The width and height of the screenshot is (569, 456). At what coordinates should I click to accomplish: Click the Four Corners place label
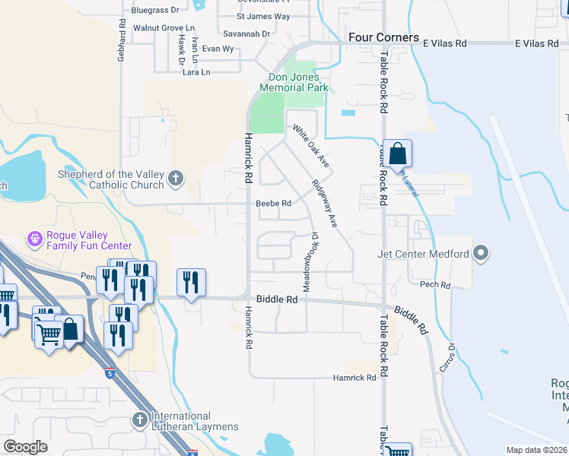(383, 37)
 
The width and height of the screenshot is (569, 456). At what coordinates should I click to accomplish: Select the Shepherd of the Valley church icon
(176, 179)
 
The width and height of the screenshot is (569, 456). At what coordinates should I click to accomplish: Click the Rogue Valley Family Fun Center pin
(34, 240)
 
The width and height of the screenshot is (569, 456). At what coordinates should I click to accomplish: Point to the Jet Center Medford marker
(481, 253)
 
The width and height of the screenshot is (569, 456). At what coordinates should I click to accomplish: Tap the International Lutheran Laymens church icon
(140, 420)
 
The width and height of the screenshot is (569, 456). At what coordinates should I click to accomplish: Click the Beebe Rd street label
(274, 204)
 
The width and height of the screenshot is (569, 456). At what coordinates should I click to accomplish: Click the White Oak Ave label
(311, 146)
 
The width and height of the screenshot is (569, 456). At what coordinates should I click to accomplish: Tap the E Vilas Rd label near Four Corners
(437, 44)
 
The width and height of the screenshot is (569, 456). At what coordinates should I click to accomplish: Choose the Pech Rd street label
(435, 285)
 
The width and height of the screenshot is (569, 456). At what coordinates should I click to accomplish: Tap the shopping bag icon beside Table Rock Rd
(397, 154)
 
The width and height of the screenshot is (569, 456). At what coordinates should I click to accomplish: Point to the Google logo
(25, 447)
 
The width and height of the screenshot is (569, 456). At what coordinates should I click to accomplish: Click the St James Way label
(263, 16)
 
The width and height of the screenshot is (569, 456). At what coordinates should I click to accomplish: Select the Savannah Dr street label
(246, 33)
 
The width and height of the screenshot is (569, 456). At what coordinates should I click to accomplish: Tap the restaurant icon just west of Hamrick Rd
(191, 283)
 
